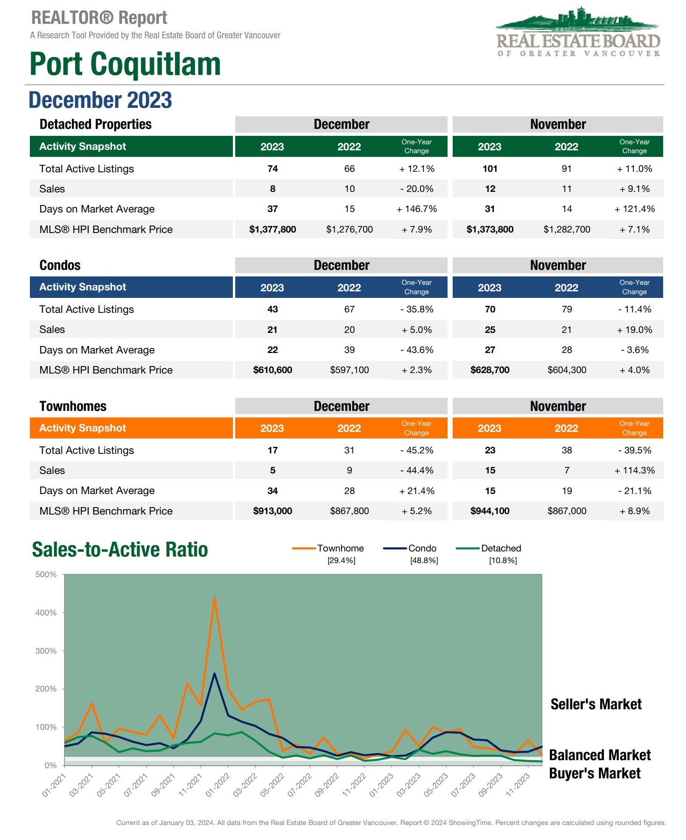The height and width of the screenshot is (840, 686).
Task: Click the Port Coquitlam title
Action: click(125, 64)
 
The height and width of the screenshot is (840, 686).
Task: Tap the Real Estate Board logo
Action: click(578, 33)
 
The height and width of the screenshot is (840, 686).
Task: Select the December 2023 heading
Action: click(100, 100)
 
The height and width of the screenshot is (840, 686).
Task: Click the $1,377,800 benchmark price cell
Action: click(273, 229)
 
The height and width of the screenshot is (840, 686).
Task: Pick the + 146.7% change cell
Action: click(416, 209)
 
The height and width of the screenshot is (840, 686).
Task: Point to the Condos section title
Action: click(60, 265)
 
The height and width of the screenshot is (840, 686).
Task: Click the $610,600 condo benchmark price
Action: click(273, 370)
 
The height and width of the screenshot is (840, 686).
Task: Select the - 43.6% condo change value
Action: click(416, 350)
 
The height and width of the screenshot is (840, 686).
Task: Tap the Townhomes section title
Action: click(73, 406)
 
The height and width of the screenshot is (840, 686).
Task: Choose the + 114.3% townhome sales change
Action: click(634, 471)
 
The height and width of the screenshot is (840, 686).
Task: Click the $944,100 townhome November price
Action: click(490, 511)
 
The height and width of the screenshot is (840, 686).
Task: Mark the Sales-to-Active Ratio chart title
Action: click(120, 550)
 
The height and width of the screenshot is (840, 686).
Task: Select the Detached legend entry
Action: click(501, 548)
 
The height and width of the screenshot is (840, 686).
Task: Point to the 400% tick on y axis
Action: click(46, 613)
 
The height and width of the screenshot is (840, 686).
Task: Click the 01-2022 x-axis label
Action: click(218, 785)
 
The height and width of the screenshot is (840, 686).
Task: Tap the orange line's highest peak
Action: click(214, 597)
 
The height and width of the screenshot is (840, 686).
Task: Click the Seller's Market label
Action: click(596, 704)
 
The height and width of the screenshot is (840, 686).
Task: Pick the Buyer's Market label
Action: click(595, 773)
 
